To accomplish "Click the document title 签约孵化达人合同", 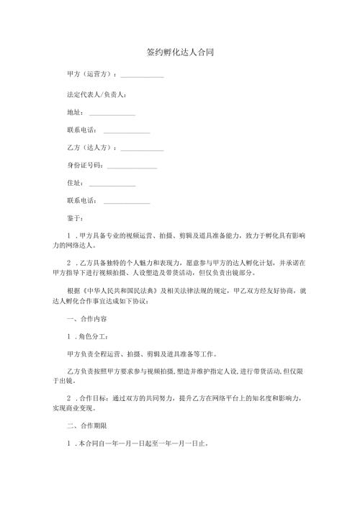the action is point(179,53).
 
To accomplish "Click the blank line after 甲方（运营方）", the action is point(142,76).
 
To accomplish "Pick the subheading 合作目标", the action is point(94,397).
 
